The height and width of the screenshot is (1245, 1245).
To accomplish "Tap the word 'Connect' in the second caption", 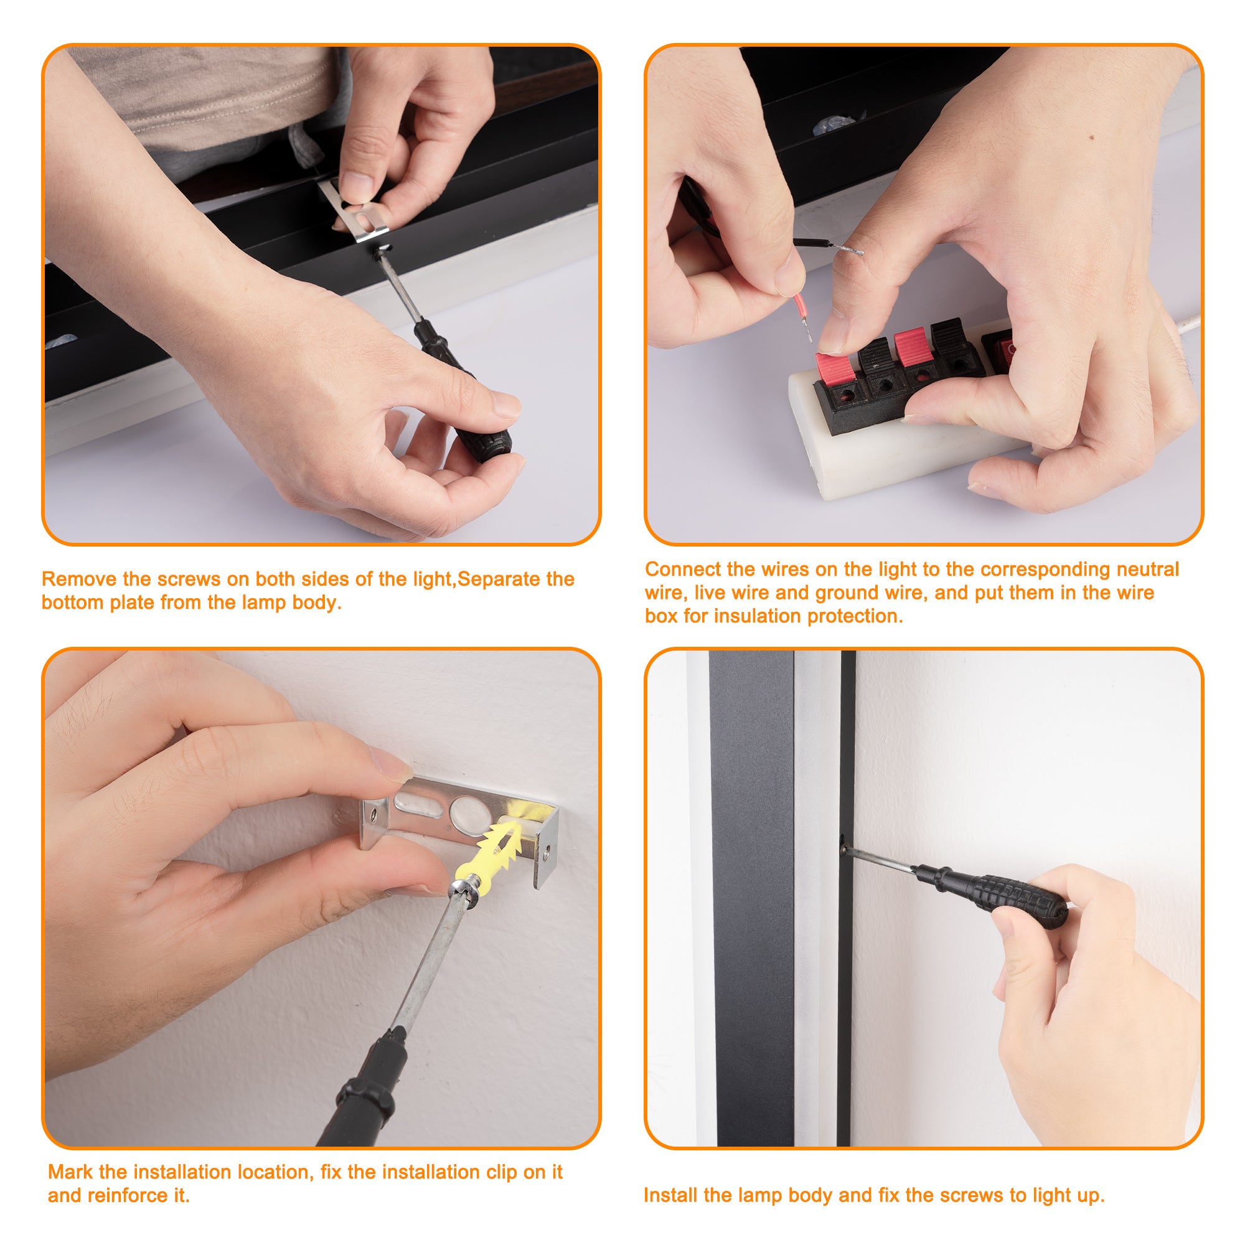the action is (684, 569).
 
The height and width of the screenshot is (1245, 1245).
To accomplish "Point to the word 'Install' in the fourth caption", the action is (670, 1195).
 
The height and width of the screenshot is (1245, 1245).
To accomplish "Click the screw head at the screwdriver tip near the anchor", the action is (462, 890).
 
